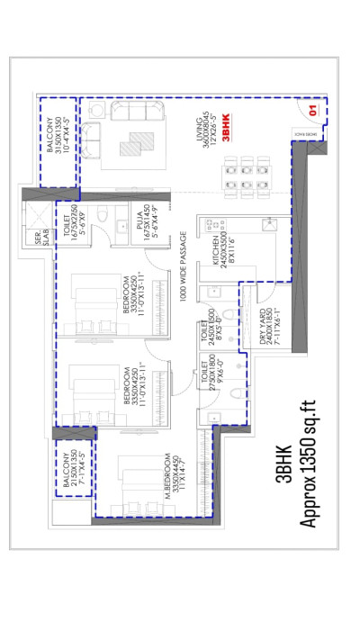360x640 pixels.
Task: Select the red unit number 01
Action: tap(311, 111)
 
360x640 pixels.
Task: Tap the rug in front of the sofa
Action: tap(136, 144)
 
